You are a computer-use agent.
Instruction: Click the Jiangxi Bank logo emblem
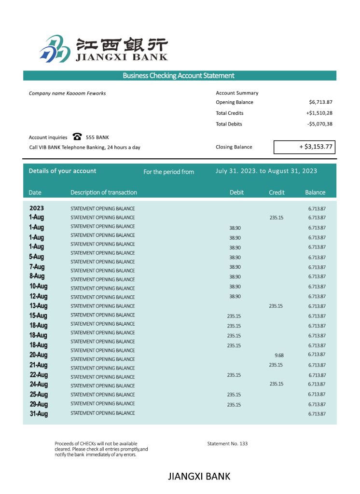click(55, 49)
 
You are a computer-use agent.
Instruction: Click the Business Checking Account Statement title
click(179, 76)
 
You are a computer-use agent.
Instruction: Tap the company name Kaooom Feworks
click(67, 93)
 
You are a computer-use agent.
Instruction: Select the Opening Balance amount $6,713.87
click(320, 102)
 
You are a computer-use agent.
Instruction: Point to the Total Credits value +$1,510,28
click(319, 113)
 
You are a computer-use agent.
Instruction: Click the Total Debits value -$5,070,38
click(319, 124)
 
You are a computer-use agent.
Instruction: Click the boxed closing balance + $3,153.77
click(305, 147)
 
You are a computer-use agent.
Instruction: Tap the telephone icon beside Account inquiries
click(77, 137)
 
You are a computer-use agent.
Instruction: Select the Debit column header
click(236, 192)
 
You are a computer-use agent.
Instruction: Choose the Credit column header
click(277, 192)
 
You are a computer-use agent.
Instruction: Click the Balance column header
click(315, 192)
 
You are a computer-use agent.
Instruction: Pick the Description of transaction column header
click(104, 192)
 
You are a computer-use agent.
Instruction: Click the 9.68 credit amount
click(279, 356)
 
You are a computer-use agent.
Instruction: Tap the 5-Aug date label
click(37, 257)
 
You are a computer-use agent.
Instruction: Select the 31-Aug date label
click(39, 413)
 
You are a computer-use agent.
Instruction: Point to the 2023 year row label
click(37, 208)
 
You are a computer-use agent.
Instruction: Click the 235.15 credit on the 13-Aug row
click(276, 306)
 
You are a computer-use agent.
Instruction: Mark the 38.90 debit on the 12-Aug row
click(235, 296)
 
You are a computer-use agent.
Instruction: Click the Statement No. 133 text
click(227, 443)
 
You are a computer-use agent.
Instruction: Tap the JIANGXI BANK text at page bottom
click(199, 477)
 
